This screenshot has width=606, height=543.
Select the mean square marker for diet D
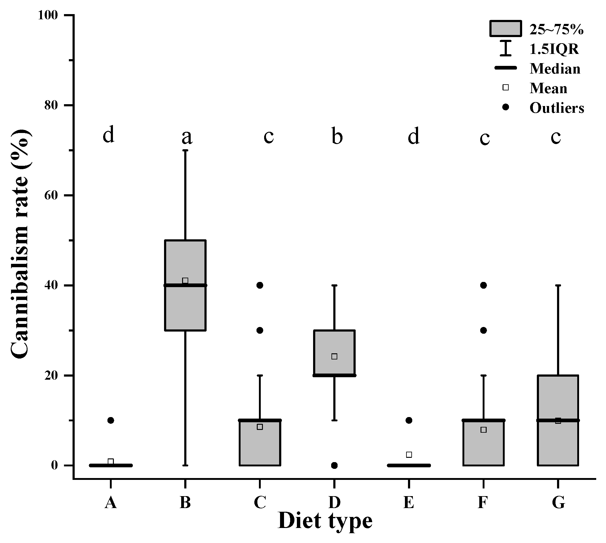(334, 356)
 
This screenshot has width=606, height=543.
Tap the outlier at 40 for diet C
(260, 285)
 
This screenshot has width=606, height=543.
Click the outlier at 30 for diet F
(484, 330)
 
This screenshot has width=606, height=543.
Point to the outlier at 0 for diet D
(334, 465)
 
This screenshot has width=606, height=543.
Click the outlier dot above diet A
(111, 420)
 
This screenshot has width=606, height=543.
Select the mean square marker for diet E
(409, 454)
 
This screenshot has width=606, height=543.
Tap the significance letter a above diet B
(187, 137)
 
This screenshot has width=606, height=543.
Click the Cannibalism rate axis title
(21, 244)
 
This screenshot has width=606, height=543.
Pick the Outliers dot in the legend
(506, 107)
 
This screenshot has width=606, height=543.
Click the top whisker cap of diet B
(185, 150)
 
